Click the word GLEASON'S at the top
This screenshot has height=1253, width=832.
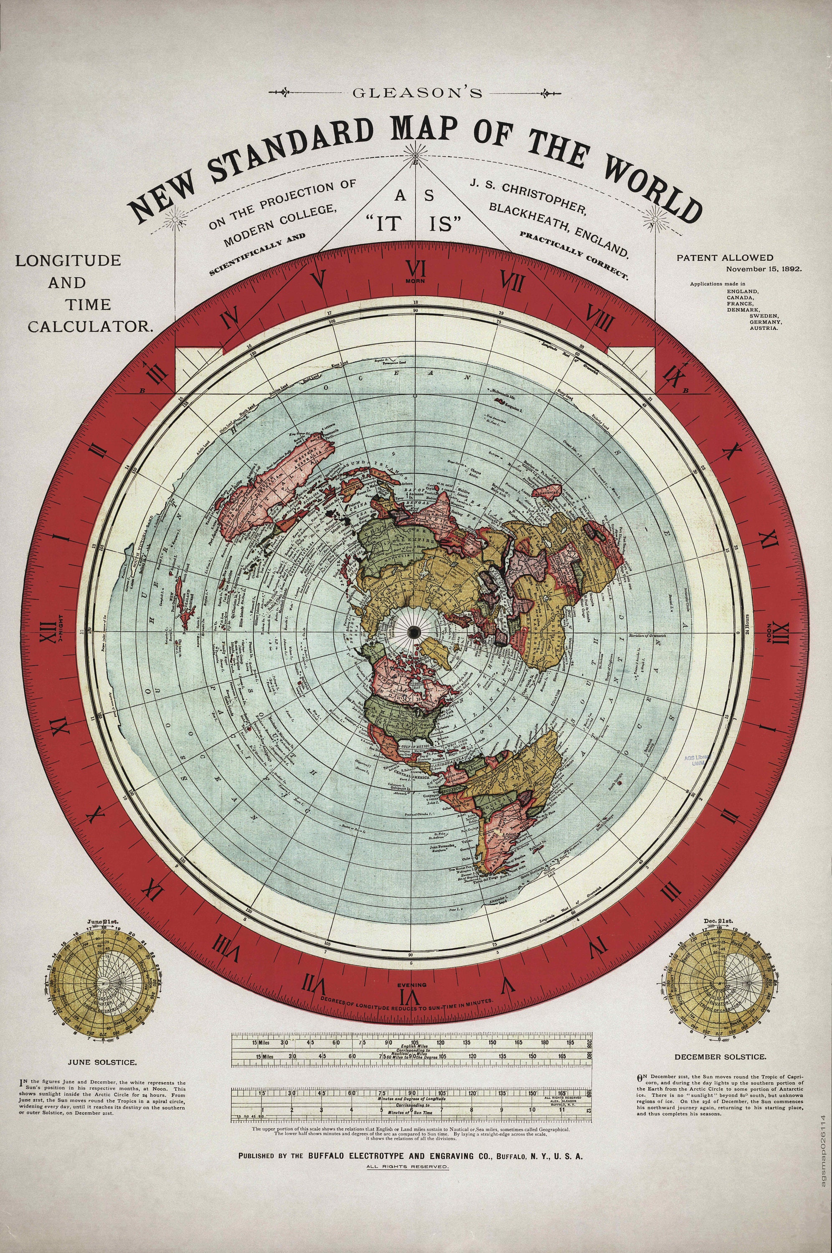pos(416,92)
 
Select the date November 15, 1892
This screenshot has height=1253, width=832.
pos(764,269)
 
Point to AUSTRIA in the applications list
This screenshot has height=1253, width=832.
pos(764,328)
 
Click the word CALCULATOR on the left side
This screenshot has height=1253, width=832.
pos(90,327)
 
